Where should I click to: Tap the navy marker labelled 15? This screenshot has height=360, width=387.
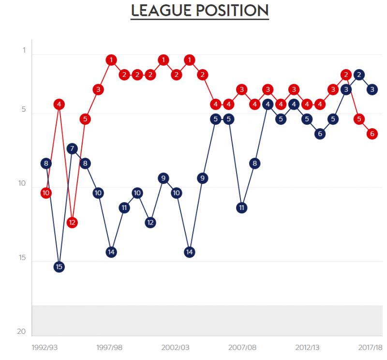coord(59,267)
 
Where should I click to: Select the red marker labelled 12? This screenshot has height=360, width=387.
coord(72,223)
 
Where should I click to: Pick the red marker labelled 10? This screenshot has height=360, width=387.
coord(46,193)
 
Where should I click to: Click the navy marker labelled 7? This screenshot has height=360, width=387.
coord(72,149)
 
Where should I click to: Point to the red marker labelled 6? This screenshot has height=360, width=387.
coord(372,134)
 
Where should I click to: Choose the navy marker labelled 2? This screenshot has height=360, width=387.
coord(359,75)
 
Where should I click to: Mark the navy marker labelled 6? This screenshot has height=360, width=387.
coord(320,134)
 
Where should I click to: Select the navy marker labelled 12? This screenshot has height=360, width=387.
coord(150,223)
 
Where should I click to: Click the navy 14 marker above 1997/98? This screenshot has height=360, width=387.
coord(111,252)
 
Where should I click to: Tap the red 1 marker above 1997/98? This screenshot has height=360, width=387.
coord(111,60)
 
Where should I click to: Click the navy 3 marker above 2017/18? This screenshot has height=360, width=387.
coord(372,90)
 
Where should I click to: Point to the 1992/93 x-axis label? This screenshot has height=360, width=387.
coord(45,347)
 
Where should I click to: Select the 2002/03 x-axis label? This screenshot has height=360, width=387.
coord(176,347)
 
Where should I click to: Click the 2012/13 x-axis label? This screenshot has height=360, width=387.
coord(307,347)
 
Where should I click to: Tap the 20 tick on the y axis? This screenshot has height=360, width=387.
coord(21,332)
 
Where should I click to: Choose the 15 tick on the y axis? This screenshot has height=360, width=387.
coord(21,258)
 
